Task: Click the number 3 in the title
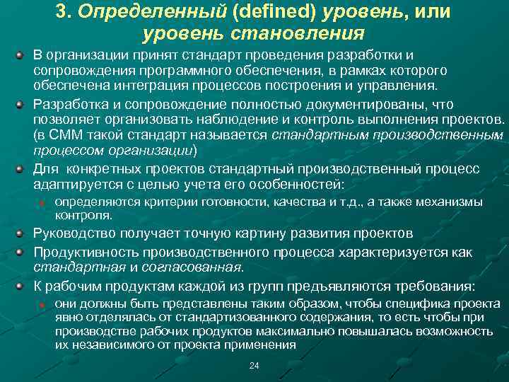61,13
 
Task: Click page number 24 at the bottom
255,365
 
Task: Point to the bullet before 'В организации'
22,55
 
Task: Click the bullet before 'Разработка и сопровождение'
22,103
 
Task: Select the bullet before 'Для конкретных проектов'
22,168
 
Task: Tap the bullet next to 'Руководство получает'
22,233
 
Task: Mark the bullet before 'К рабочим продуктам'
22,286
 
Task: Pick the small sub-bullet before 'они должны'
42,302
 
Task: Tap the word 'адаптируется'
74,185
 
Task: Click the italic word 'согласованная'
194,267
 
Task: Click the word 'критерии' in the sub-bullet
165,202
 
